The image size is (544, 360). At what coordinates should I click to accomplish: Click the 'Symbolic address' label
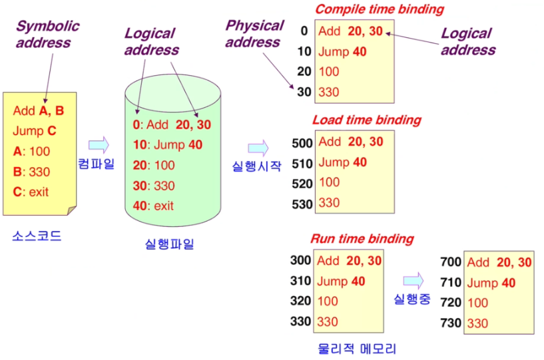coord(47,35)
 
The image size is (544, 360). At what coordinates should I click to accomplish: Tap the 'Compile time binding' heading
coord(379,9)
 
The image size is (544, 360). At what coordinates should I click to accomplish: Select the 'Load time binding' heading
coord(367,120)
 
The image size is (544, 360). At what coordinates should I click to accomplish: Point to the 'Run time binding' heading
coord(362,238)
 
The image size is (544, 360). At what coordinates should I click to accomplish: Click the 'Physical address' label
coord(254,34)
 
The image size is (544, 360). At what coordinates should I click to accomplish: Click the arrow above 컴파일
coord(98,144)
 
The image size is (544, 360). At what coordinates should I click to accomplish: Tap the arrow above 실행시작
coord(258,147)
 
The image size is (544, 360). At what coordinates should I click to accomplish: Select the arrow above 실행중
coord(413,279)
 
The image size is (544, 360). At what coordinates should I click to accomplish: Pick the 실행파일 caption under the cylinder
coord(169,244)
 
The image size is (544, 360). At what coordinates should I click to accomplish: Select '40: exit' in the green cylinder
coord(153,206)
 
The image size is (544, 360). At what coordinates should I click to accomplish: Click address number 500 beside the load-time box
coord(302,142)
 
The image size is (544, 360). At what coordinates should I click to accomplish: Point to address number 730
coord(451,323)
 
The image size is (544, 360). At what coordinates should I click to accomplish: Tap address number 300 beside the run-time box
coord(300,260)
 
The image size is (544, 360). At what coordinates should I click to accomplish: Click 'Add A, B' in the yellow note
coord(38,110)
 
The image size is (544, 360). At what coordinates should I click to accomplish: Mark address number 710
coord(451,283)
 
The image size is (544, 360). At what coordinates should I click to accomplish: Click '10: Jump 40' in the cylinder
coord(167,144)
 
